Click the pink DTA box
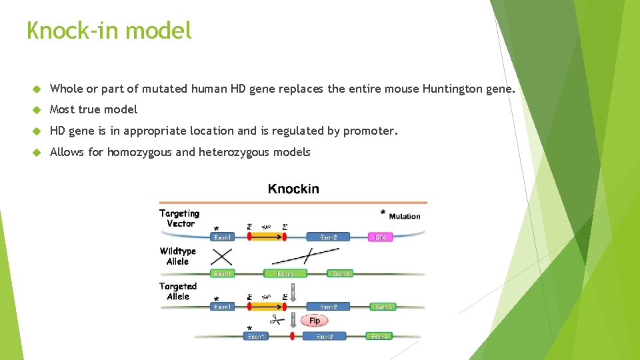click(x=381, y=237)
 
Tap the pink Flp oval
click(x=315, y=321)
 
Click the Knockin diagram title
click(x=293, y=189)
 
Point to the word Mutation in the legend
click(x=405, y=216)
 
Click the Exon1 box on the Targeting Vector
click(x=222, y=237)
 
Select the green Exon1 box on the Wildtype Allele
click(x=222, y=273)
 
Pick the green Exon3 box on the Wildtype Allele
click(x=341, y=273)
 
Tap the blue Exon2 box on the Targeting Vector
click(x=329, y=237)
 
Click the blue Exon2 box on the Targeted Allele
click(x=329, y=307)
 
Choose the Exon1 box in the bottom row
click(x=256, y=337)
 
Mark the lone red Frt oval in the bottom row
click(x=291, y=336)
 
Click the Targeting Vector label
click(x=180, y=218)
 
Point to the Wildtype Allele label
click(x=178, y=256)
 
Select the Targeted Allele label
click(x=178, y=291)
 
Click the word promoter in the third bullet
click(x=369, y=131)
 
